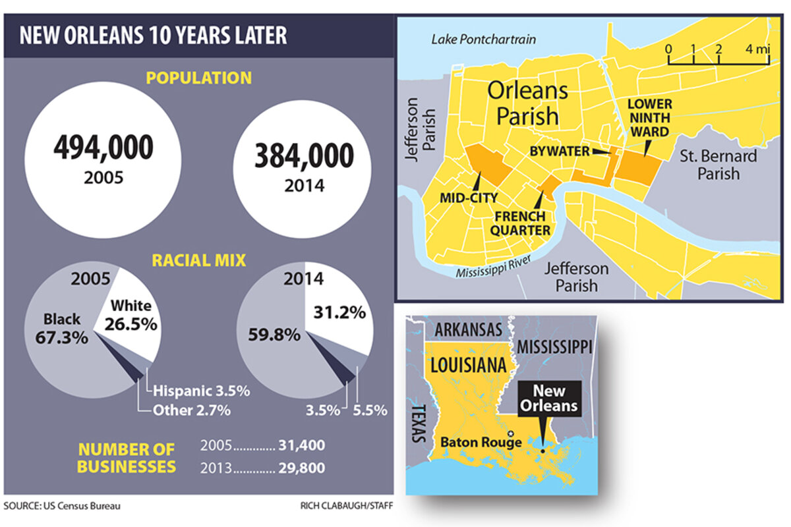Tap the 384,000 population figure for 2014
(304, 155)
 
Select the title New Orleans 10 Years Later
(153, 35)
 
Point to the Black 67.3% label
(63, 327)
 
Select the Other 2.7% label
(191, 410)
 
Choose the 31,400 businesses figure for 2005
(301, 445)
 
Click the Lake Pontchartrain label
(484, 40)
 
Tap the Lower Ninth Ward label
(649, 118)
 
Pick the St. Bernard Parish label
(718, 165)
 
